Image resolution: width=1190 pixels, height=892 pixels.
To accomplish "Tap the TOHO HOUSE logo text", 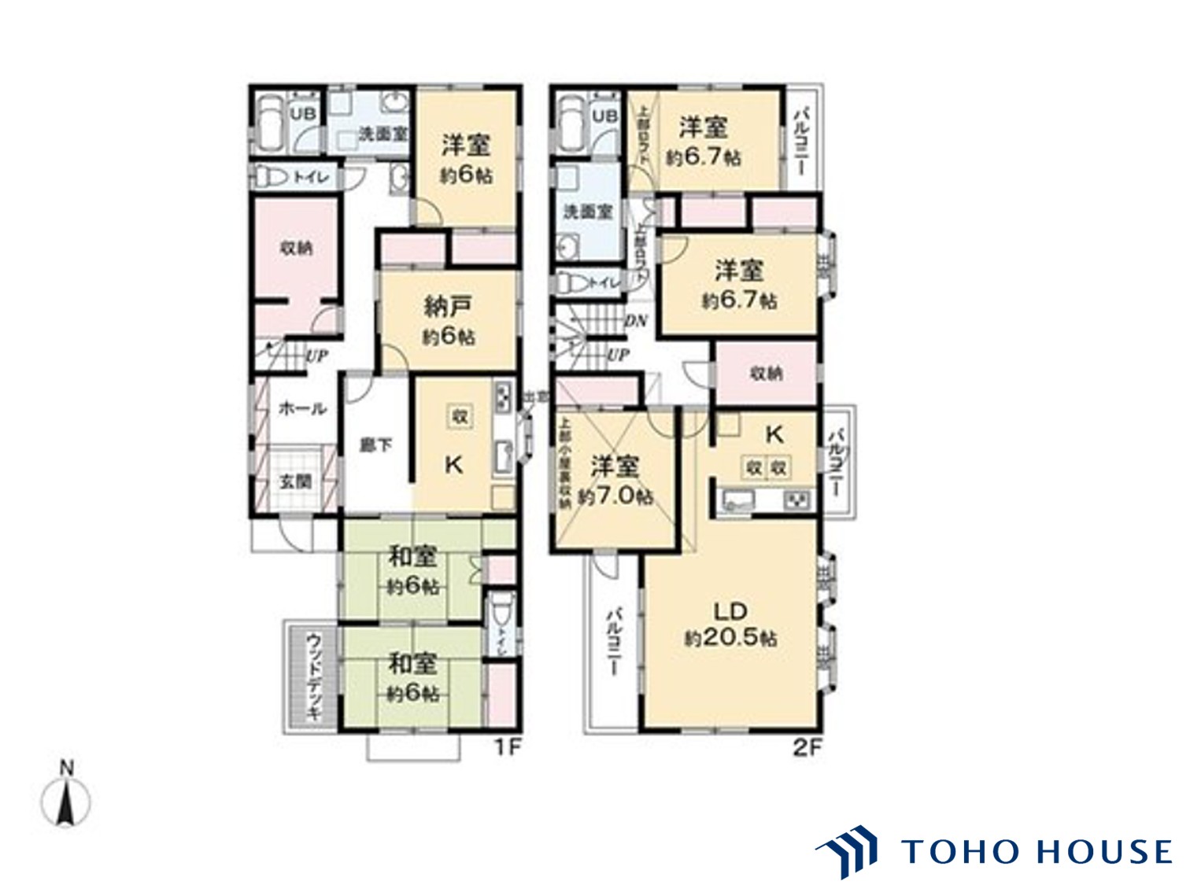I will [x=1036, y=851].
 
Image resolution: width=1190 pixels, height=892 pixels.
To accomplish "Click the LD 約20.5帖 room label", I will [x=730, y=624].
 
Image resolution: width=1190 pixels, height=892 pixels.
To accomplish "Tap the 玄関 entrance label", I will [x=296, y=481].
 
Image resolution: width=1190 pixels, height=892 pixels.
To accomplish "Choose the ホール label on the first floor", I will [x=302, y=408].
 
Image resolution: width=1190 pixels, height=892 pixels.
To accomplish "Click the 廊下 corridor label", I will [x=375, y=445].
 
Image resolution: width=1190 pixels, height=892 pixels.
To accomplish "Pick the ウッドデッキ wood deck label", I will [x=312, y=677].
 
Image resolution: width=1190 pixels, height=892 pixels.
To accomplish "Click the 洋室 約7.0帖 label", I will [x=615, y=481].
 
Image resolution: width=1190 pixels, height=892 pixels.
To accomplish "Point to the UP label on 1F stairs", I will [x=316, y=356].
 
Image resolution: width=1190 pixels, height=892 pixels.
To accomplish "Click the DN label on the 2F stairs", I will [x=636, y=321].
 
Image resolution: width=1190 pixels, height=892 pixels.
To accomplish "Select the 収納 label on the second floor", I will [x=765, y=374].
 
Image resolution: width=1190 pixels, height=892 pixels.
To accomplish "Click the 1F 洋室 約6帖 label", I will [x=466, y=159].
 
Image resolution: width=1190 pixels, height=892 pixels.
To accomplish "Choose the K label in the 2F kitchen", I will [x=774, y=433].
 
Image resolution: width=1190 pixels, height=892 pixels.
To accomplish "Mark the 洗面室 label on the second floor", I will [x=588, y=212].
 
